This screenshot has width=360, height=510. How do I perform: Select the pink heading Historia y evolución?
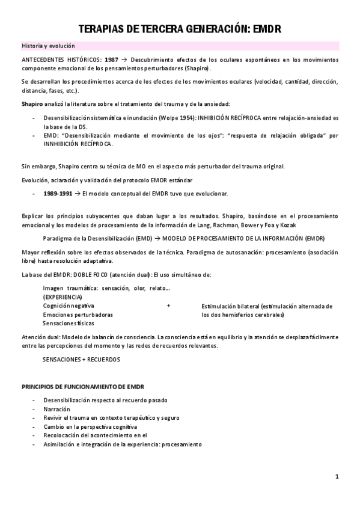(47, 46)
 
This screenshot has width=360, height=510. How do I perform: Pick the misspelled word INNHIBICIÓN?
(67, 144)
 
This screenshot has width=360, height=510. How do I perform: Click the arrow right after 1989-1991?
(78, 194)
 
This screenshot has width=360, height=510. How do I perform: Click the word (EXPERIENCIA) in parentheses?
(63, 297)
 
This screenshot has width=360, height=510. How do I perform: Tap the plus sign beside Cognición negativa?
(168, 306)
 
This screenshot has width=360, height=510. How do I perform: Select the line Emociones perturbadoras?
(78, 315)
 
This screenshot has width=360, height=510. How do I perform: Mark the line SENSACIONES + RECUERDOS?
(81, 359)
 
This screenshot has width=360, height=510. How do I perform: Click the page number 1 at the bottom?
(337, 477)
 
